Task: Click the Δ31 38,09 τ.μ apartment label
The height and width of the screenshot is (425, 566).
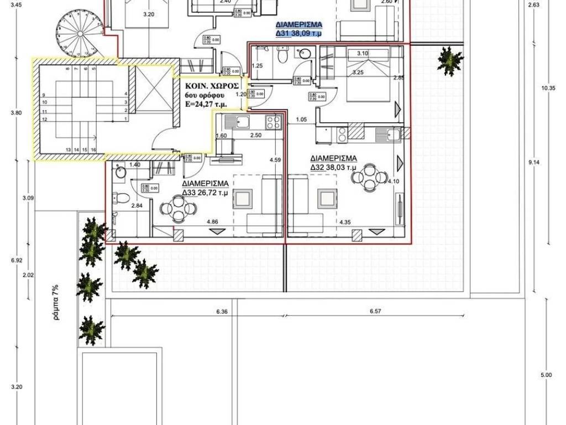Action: coord(298,29)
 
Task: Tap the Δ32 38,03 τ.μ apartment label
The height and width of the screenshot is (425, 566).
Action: coord(333,162)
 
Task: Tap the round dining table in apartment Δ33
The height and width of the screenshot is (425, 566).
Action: coord(177,209)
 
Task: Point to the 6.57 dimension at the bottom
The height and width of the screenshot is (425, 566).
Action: coord(375,312)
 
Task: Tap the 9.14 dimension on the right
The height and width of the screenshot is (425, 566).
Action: coord(533,162)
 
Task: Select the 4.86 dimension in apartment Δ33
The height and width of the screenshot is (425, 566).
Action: coord(212,222)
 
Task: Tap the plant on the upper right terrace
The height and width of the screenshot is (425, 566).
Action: coord(450,60)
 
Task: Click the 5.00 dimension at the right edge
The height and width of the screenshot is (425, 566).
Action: coord(546,376)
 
